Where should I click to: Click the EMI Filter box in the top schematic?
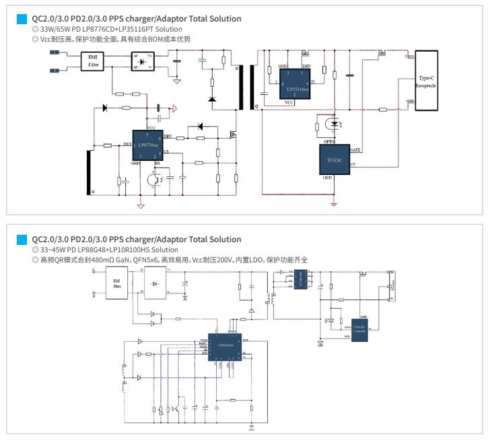93,63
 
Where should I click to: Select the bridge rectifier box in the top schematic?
141,61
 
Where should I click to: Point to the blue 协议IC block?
335,159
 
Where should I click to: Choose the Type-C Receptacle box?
425,81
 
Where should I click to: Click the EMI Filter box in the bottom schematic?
117,281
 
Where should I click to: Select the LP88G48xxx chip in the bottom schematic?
223,346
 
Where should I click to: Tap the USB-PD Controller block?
359,328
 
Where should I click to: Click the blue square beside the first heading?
26,20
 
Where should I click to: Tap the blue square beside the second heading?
26,240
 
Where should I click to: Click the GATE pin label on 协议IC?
356,149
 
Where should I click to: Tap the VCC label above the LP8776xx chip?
151,126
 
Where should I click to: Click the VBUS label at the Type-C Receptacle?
409,57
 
